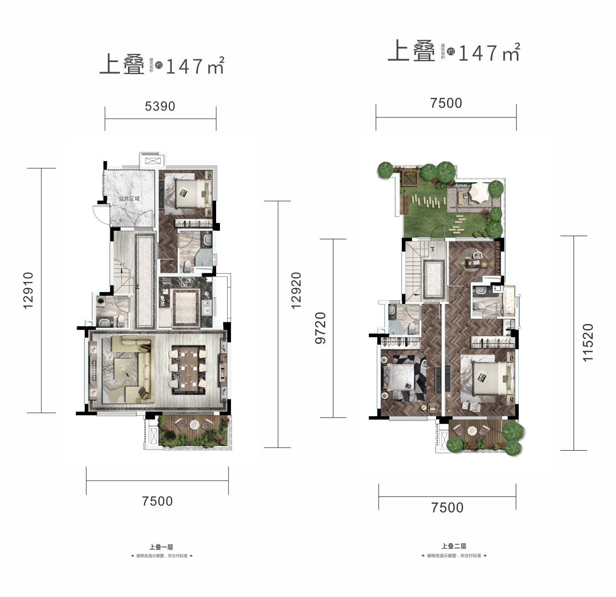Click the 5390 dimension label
pos(160,106)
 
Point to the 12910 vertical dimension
pos(28,290)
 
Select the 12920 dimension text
pos(296,290)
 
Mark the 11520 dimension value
pos(588,343)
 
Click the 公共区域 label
pos(129,199)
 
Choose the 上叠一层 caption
pos(161,547)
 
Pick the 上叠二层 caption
pos(454,546)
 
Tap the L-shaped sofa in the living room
pos(137,368)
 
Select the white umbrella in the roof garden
pos(478,191)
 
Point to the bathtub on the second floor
pos(508,301)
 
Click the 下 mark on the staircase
pos(432,249)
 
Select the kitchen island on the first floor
pos(185,306)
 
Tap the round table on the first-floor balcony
pos(194,425)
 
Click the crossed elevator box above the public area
pos(152,161)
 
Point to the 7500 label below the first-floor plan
pos(157,501)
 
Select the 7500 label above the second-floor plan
pos(446,103)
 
